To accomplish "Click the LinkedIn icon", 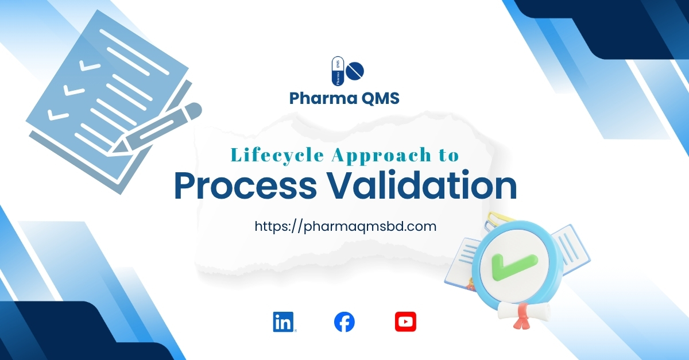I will point(283,322).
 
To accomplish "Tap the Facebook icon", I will point(344,322).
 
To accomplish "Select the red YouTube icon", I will point(405,322).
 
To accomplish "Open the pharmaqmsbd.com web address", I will point(345,226).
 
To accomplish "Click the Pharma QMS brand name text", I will point(344,99).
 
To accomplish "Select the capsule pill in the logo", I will point(338,72).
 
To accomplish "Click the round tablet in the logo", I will point(356,71).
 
